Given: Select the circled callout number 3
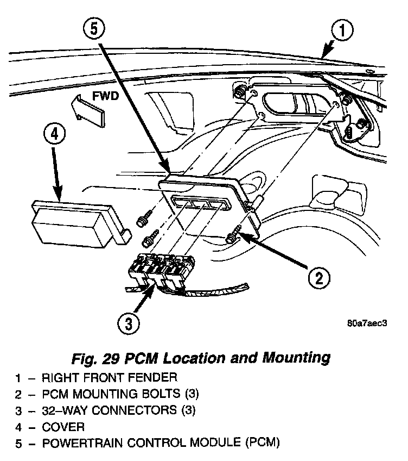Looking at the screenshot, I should [127, 324].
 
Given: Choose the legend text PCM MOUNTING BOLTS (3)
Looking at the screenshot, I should [117, 394].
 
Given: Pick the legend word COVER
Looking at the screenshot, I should [65, 427].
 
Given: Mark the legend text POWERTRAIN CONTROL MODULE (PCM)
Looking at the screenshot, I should [162, 444].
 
